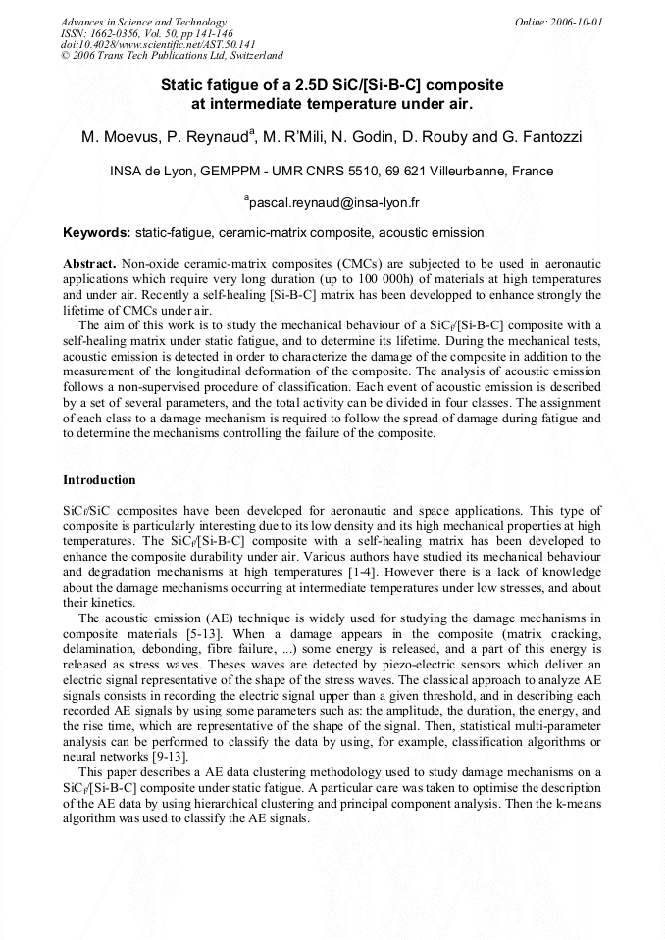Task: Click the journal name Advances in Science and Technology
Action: [x=143, y=22]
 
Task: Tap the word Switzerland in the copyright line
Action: [x=249, y=56]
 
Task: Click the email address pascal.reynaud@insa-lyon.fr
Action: [x=334, y=203]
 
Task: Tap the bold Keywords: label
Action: [x=97, y=233]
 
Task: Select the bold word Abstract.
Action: [x=89, y=265]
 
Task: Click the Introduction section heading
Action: [x=99, y=480]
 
